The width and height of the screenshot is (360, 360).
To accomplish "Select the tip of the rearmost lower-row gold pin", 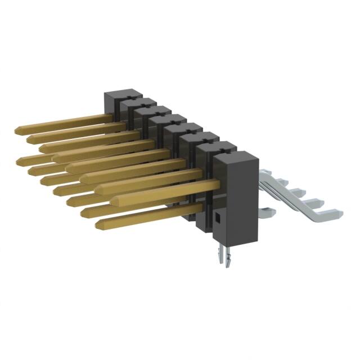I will (21, 160).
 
